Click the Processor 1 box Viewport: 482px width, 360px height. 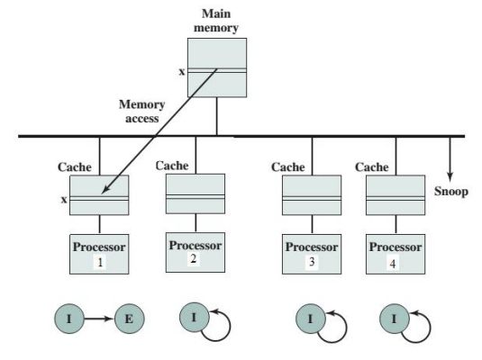(x=99, y=250)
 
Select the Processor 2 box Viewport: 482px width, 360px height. (x=196, y=249)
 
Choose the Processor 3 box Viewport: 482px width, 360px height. (x=311, y=251)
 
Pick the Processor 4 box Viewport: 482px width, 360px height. (x=396, y=251)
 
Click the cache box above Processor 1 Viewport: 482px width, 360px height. (x=99, y=194)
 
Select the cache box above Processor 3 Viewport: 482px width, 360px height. (x=311, y=194)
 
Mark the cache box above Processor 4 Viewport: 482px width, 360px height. (x=396, y=194)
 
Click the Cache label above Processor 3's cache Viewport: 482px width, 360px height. (x=288, y=167)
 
